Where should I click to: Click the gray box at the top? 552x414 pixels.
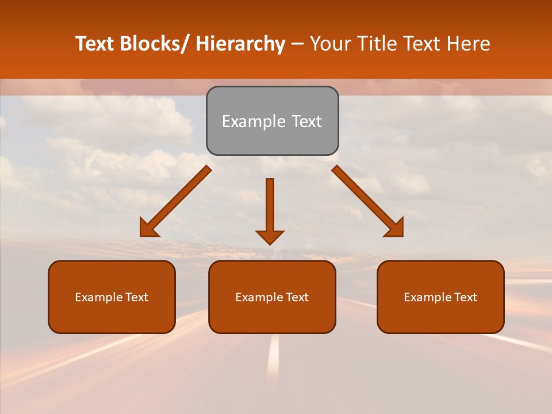[272, 121]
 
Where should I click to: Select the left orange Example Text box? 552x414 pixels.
[112, 297]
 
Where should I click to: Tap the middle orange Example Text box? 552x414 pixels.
[272, 297]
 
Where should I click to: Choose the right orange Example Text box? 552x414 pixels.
[440, 297]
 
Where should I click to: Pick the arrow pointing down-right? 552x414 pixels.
[366, 199]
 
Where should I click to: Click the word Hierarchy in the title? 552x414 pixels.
[240, 44]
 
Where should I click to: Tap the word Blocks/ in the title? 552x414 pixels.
[154, 44]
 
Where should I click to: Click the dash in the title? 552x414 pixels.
[297, 44]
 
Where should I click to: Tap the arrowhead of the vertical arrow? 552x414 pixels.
[270, 236]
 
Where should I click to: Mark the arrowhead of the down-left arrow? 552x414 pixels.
[148, 228]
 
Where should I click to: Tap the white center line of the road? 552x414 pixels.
[274, 356]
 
